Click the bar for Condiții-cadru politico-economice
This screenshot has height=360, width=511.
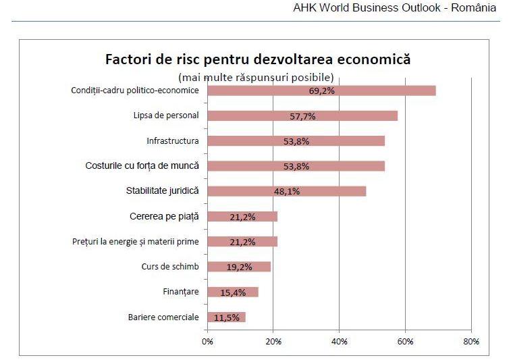coord(321,91)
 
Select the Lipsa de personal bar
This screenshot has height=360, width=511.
coord(302,115)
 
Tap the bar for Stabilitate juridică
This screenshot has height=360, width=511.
coord(286,191)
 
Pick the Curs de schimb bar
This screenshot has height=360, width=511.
coord(239,267)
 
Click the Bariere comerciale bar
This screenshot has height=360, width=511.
coord(226,317)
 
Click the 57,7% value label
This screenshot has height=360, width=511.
coord(303,116)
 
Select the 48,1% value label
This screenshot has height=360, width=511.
coord(287,191)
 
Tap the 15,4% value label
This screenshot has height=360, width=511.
coord(232,292)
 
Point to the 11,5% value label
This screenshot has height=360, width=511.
coord(226,317)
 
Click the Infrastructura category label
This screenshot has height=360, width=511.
coord(173,141)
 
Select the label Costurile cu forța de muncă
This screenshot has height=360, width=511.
coord(142,165)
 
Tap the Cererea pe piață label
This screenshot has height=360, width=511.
coord(164,217)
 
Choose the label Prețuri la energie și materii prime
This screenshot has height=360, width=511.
coord(135,241)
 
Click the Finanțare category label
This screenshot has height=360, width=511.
coord(181,292)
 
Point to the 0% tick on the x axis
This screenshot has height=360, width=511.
coord(207,342)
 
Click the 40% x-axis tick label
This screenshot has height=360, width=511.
coord(339,342)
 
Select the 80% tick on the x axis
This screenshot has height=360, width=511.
coord(471,342)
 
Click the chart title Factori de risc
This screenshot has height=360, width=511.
coord(258,59)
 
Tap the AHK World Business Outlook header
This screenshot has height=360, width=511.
coord(395,9)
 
